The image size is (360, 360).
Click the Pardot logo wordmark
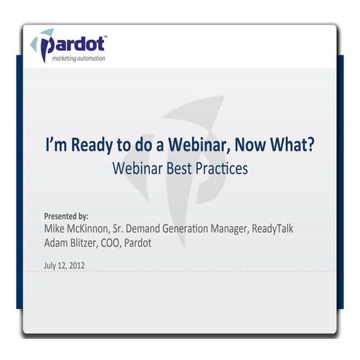click(x=76, y=45)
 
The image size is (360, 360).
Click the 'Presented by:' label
click(x=66, y=216)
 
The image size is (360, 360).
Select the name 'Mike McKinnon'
click(x=79, y=229)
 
